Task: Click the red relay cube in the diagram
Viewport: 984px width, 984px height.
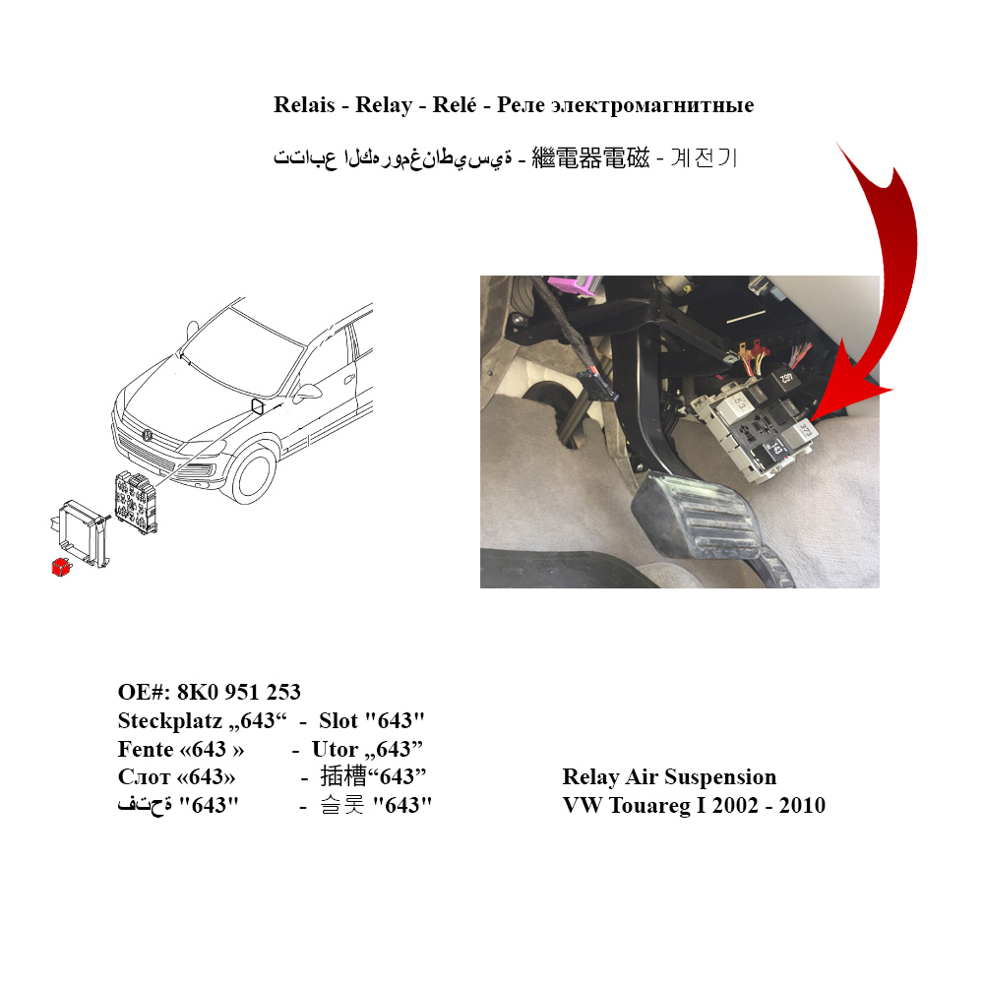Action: pyautogui.click(x=61, y=568)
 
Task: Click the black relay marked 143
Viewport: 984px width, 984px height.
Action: pyautogui.click(x=773, y=449)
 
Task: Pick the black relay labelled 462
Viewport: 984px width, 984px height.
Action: pyautogui.click(x=782, y=379)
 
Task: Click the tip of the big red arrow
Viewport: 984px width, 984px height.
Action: pyautogui.click(x=810, y=421)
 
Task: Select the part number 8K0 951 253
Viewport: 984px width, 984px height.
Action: pyautogui.click(x=238, y=692)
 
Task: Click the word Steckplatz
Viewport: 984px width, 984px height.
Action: pyautogui.click(x=170, y=720)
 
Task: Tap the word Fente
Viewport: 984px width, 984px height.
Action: pyautogui.click(x=146, y=749)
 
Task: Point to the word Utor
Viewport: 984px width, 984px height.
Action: pyautogui.click(x=336, y=749)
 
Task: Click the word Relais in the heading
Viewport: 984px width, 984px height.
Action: pyautogui.click(x=304, y=105)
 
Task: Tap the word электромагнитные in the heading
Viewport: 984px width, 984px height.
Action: pyautogui.click(x=652, y=105)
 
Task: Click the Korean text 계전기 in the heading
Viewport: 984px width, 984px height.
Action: pyautogui.click(x=704, y=157)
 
